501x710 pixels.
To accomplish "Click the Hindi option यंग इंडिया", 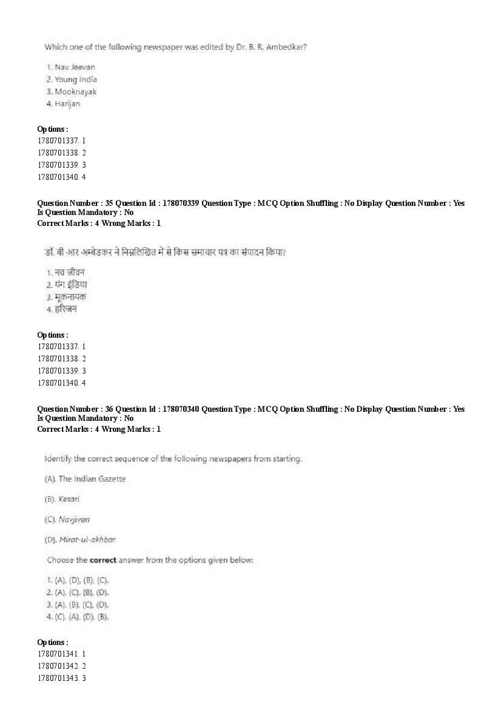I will click(x=71, y=284).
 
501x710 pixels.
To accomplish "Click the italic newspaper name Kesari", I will click(x=69, y=499).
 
